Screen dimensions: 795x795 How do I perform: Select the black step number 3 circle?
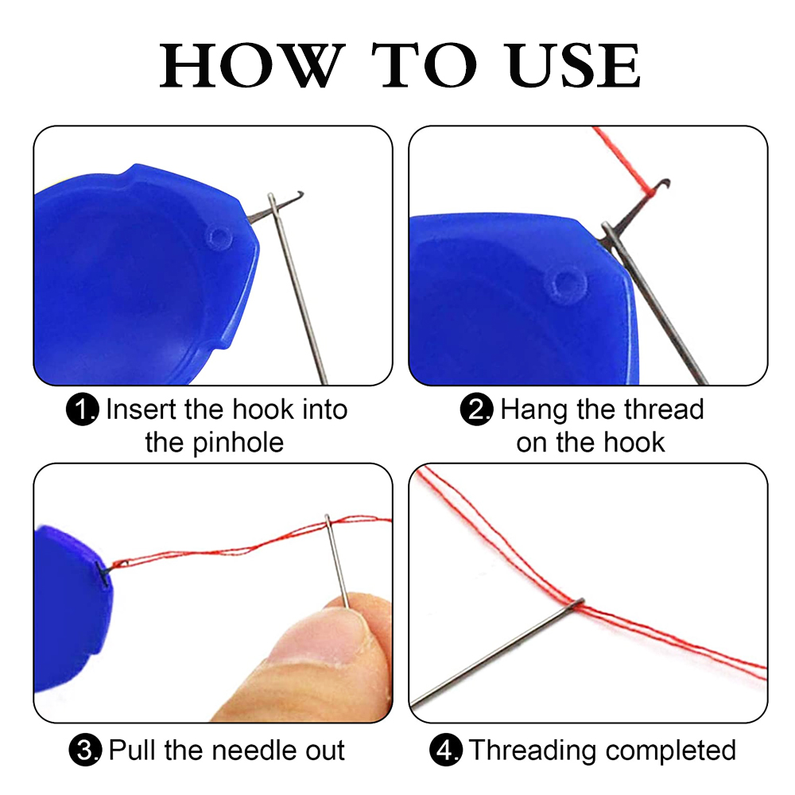coord(86,750)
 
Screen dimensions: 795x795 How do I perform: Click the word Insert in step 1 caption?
coord(142,410)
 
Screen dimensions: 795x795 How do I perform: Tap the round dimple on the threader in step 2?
coord(567,281)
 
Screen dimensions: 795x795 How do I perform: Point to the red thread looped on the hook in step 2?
coord(646,191)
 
